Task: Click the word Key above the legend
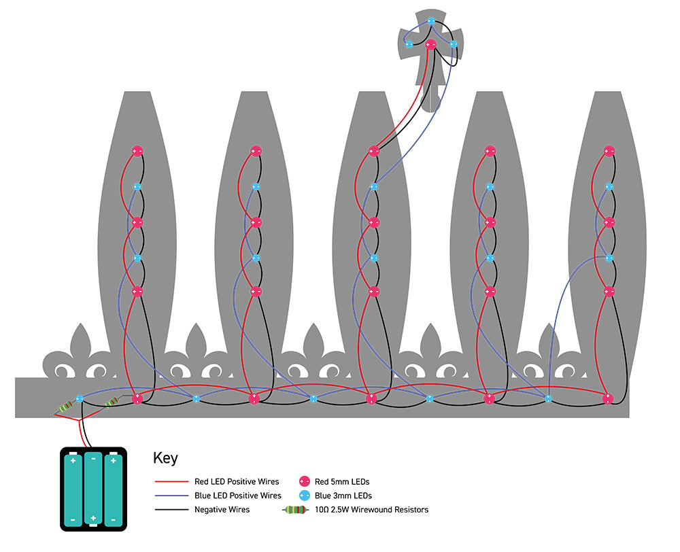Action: pyautogui.click(x=166, y=458)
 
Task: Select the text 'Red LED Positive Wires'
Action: pyautogui.click(x=237, y=482)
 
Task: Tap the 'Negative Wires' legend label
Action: pyautogui.click(x=222, y=509)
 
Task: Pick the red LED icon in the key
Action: pyautogui.click(x=305, y=482)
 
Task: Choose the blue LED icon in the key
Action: pyautogui.click(x=305, y=496)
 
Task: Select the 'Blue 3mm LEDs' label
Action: pyautogui.click(x=343, y=496)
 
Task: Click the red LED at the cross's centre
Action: pyautogui.click(x=430, y=45)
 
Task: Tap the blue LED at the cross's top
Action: pyautogui.click(x=430, y=21)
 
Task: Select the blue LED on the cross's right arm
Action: pyautogui.click(x=454, y=44)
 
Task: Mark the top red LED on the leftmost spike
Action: pyautogui.click(x=137, y=151)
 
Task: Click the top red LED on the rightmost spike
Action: pyautogui.click(x=609, y=151)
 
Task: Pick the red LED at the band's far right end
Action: pyautogui.click(x=608, y=398)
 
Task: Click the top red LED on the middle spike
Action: pyautogui.click(x=373, y=151)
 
